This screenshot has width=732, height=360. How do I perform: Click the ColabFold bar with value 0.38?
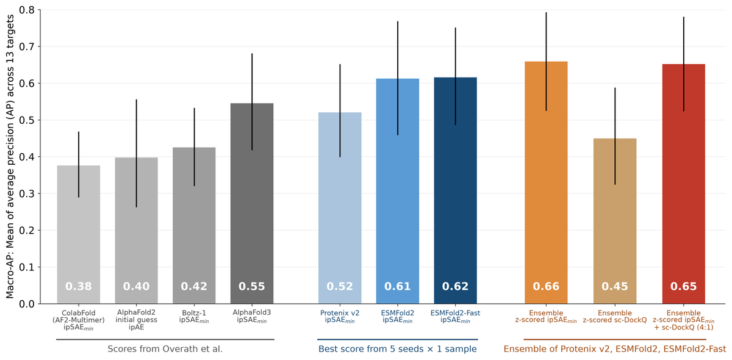[x=79, y=234]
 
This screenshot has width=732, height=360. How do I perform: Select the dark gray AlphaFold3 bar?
[x=251, y=203]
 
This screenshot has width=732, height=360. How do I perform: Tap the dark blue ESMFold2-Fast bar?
[x=455, y=190]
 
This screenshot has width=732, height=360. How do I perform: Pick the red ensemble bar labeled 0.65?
[x=683, y=184]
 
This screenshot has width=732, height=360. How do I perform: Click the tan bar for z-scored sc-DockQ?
[x=615, y=221]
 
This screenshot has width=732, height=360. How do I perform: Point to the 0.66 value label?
[x=546, y=286]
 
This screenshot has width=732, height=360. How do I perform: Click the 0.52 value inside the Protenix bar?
[x=340, y=286]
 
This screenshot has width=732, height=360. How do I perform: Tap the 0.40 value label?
[x=136, y=286]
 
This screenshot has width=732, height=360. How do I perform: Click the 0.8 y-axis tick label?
[x=27, y=10]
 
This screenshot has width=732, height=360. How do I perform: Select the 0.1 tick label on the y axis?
[x=27, y=267]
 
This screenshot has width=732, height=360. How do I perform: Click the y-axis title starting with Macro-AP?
[x=10, y=157]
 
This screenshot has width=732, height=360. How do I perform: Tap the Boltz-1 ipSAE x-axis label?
[x=194, y=317]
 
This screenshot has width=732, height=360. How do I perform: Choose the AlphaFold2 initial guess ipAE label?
[x=136, y=320]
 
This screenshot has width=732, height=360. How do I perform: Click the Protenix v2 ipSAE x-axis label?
[x=340, y=317]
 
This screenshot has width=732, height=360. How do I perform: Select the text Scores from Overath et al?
[x=165, y=349]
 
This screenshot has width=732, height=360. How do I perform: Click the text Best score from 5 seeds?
[x=375, y=349]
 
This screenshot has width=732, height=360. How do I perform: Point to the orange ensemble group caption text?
[x=615, y=349]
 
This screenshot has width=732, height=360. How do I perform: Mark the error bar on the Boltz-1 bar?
[x=194, y=147]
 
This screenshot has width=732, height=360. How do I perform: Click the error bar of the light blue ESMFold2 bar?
[x=398, y=78]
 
